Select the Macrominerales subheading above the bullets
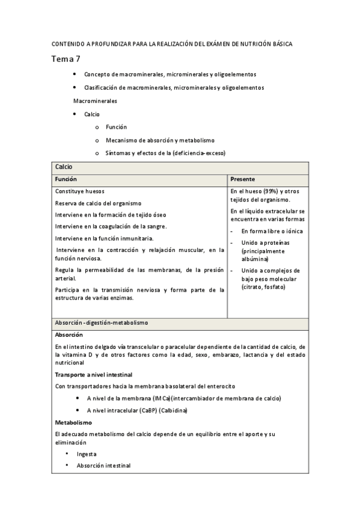pyautogui.click(x=95, y=100)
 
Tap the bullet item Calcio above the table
pyautogui.click(x=92, y=114)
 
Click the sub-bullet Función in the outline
pyautogui.click(x=116, y=127)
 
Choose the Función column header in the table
pyautogui.click(x=66, y=179)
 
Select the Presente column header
pyautogui.click(x=242, y=179)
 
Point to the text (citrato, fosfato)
pyautogui.click(x=263, y=287)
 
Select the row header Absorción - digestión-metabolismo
pyautogui.click(x=101, y=323)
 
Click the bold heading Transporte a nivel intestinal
pyautogui.click(x=93, y=375)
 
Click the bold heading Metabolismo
pyautogui.click(x=73, y=422)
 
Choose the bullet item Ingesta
pyautogui.click(x=87, y=454)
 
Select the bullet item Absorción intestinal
pyautogui.click(x=103, y=465)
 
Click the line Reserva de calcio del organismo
pyautogui.click(x=98, y=203)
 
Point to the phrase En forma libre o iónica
pyautogui.click(x=272, y=231)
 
